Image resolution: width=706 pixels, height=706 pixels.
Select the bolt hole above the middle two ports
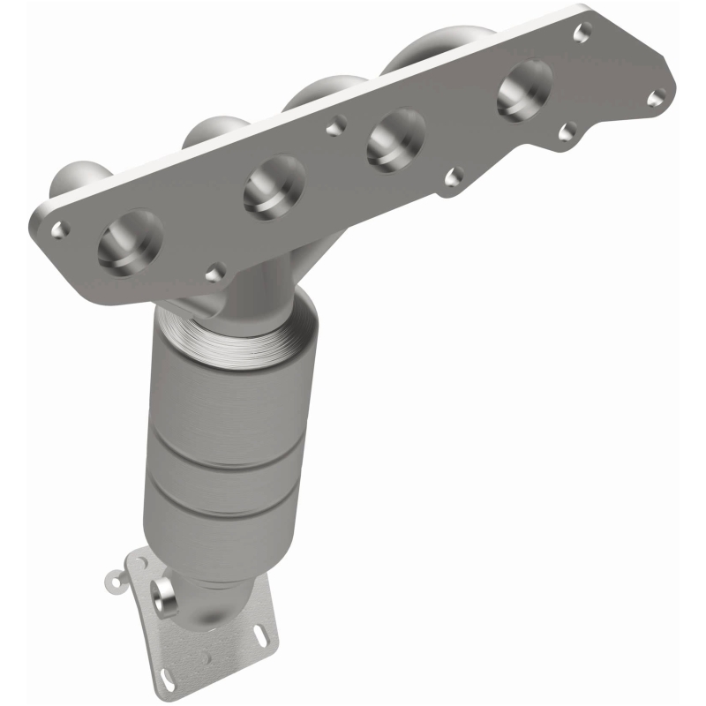click(x=333, y=129)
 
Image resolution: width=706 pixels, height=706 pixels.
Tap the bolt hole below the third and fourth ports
click(x=454, y=177)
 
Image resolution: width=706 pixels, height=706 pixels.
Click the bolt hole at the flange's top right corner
click(x=582, y=34)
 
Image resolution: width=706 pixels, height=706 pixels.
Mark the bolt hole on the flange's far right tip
click(x=655, y=98)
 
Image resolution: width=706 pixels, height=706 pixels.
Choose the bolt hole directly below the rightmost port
click(x=568, y=132)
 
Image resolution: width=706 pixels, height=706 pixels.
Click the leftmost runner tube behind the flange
click(x=75, y=176)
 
